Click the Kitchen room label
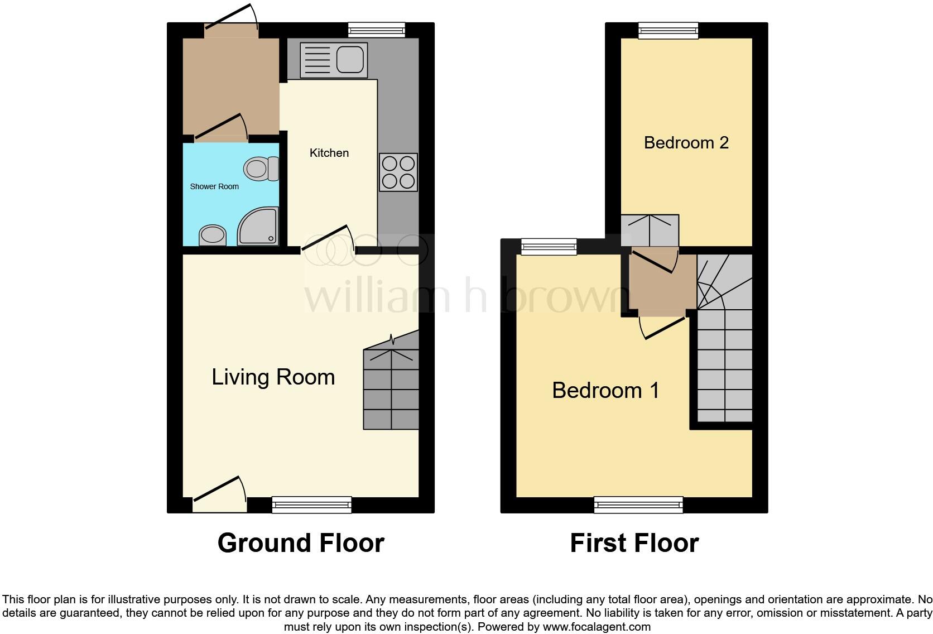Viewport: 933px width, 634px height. (329, 153)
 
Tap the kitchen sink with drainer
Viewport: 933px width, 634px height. (334, 60)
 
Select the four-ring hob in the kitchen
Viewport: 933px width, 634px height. (398, 172)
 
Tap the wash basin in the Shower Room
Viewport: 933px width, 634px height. (213, 235)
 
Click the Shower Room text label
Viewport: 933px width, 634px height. (214, 186)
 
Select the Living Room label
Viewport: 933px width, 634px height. (273, 377)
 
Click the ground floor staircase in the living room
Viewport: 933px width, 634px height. (391, 385)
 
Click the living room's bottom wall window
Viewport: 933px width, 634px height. (312, 505)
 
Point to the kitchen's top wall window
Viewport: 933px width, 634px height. (376, 30)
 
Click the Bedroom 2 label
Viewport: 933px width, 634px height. (686, 143)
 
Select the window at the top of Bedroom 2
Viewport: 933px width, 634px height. (668, 30)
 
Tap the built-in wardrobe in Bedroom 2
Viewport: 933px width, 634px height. (650, 230)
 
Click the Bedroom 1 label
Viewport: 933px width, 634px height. (605, 390)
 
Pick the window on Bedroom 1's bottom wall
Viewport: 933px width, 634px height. (639, 505)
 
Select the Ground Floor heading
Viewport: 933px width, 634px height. (301, 543)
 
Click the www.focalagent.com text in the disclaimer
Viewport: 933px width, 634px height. (597, 627)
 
